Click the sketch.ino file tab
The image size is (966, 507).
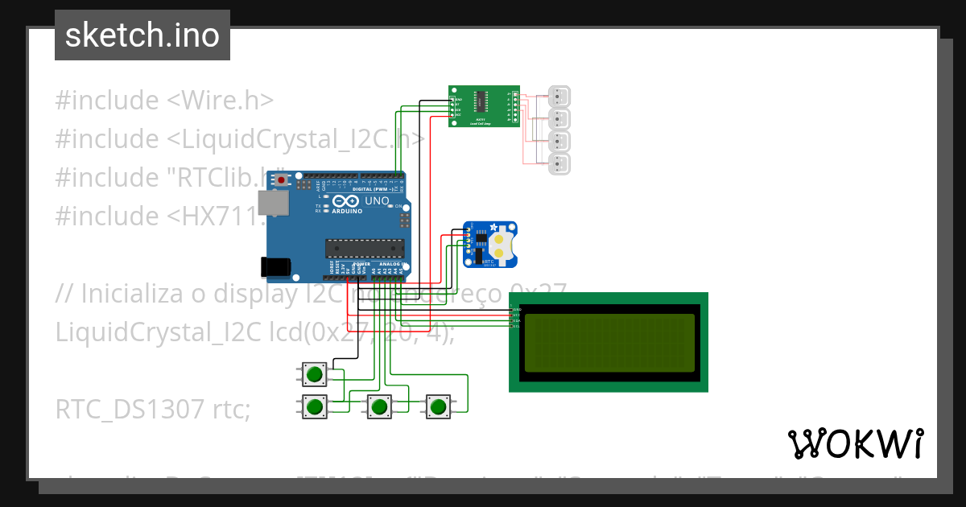pos(142,35)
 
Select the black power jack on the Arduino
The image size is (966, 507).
pos(275,266)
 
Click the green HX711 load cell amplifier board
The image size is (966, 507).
pos(484,106)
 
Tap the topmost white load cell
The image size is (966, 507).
pos(559,97)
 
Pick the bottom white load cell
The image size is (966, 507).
pos(559,165)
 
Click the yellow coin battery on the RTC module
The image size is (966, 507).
pos(502,245)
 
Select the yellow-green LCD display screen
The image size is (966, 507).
pos(609,342)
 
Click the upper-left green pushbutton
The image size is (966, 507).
pos(315,374)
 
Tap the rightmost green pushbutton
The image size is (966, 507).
pos(438,407)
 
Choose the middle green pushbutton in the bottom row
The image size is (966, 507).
pos(379,407)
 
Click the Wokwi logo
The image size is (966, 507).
pos(855,443)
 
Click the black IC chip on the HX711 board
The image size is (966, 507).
pos(481,101)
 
